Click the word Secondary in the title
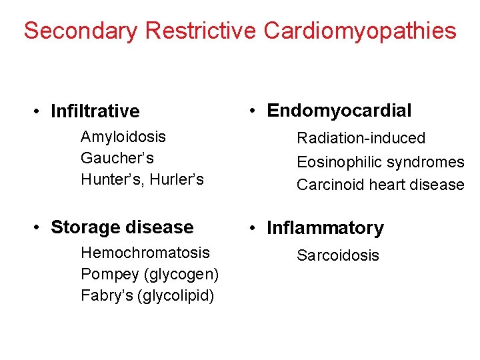coord(81,31)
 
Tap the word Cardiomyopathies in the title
coord(360,31)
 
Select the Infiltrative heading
coord(95,111)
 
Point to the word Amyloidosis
coord(123,137)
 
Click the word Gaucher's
coord(117,158)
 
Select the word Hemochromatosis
coord(145,253)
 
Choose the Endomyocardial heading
coord(339,111)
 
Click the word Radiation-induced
coord(361,138)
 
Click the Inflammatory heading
coord(325,228)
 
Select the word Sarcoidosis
coord(338,255)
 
